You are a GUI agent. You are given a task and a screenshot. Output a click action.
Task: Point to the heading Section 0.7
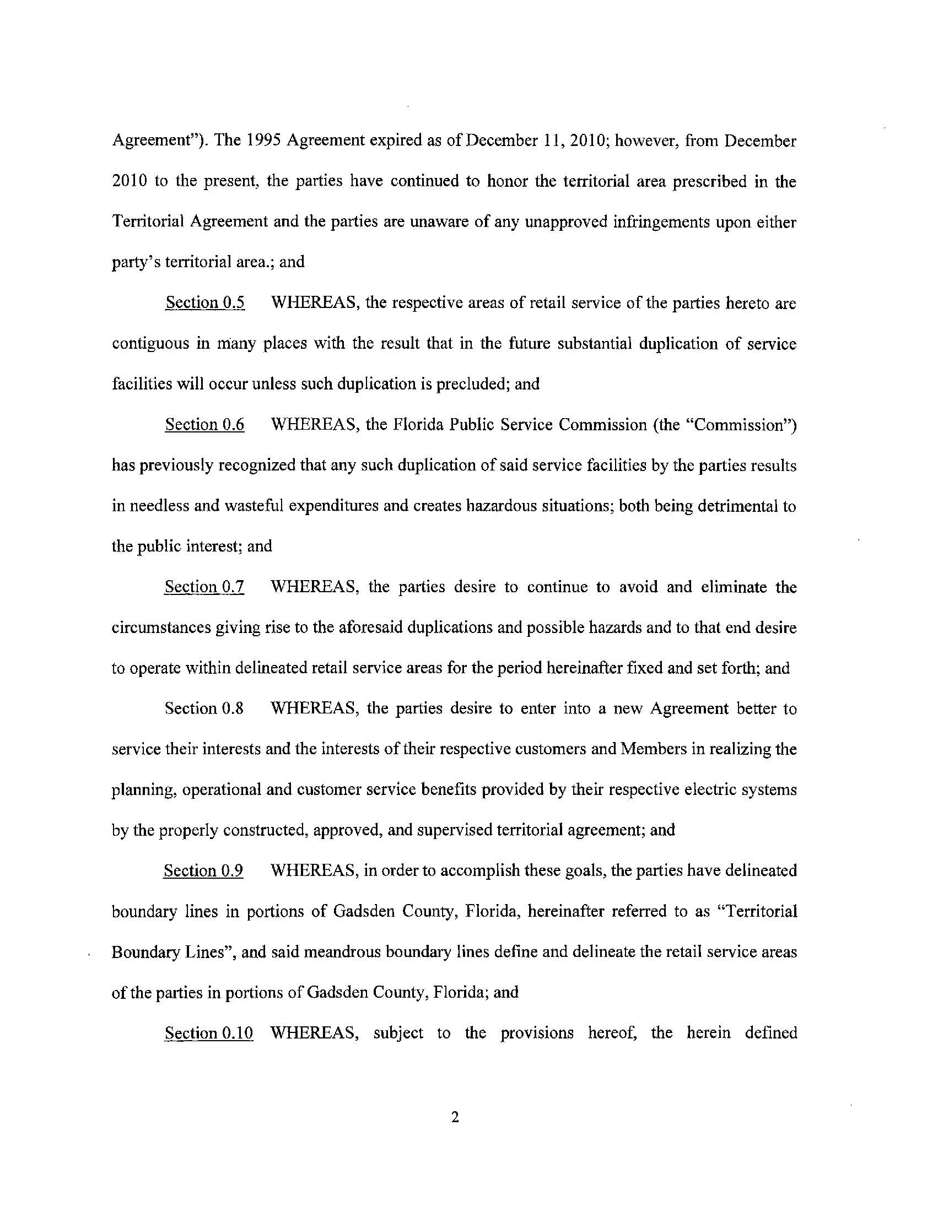pos(204,587)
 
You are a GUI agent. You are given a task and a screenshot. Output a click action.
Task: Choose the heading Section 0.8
pos(204,708)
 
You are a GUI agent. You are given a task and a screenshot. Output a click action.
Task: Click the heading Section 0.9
pos(203,870)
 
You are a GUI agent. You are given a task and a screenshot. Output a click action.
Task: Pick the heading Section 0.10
pos(209,1033)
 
